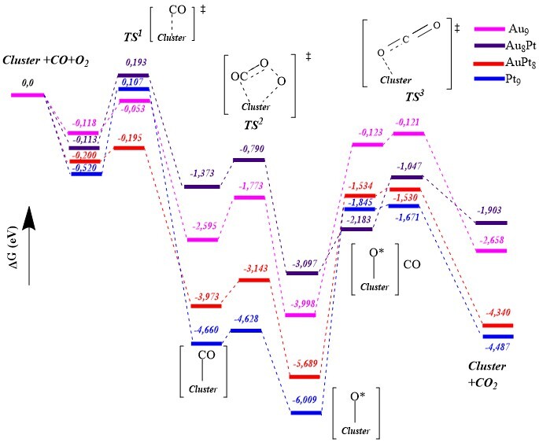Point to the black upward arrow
pyautogui.click(x=28, y=244)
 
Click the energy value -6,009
pyautogui.click(x=306, y=400)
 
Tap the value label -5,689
pyautogui.click(x=305, y=364)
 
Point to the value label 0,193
pyautogui.click(x=134, y=62)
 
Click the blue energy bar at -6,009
pyautogui.click(x=306, y=412)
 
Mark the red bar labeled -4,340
pyautogui.click(x=497, y=326)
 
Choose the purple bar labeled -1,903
pyautogui.click(x=492, y=223)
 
